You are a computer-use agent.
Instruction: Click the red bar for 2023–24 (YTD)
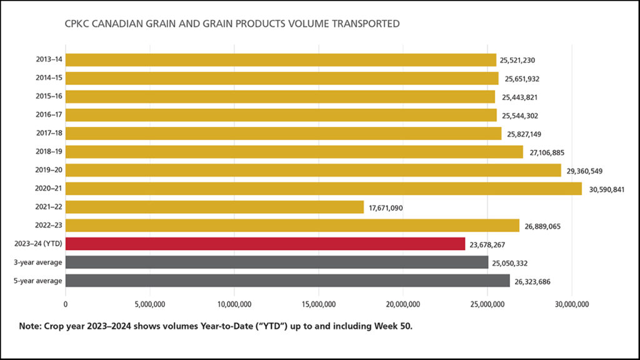[x=265, y=244]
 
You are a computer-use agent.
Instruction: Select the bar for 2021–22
[x=214, y=207]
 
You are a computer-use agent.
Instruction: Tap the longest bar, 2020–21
[x=323, y=189]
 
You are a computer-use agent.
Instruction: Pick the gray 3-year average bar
[x=276, y=262]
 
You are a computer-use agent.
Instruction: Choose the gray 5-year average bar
[x=287, y=281]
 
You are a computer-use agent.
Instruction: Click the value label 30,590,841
[x=606, y=189]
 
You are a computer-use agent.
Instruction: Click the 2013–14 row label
[x=48, y=60]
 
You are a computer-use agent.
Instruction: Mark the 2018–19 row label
[x=48, y=152]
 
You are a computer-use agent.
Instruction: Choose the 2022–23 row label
[x=48, y=226]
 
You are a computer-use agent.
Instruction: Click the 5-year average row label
[x=39, y=281]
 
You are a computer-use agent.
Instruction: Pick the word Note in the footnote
[x=31, y=326]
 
